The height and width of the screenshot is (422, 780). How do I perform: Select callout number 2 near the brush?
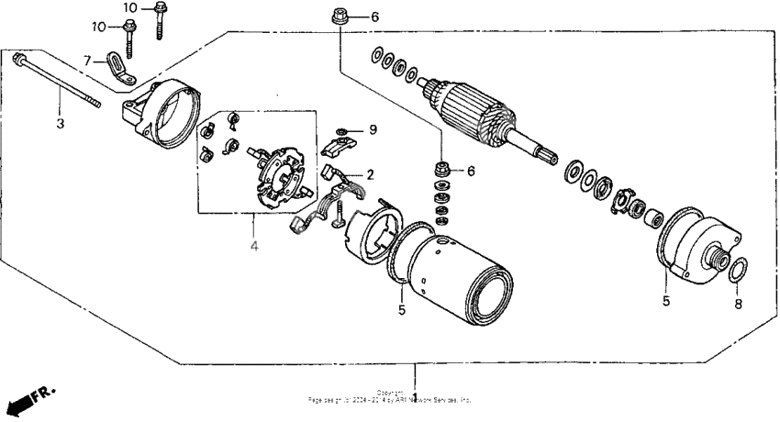tap(370, 174)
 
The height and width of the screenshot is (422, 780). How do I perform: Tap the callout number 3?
tap(60, 123)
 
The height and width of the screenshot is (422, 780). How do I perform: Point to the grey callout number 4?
tap(254, 246)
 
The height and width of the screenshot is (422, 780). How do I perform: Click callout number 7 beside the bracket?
tap(88, 61)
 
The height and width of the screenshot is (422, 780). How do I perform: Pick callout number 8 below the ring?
tap(740, 302)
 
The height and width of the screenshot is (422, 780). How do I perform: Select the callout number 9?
tap(373, 128)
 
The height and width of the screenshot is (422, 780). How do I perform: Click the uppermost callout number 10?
tap(131, 7)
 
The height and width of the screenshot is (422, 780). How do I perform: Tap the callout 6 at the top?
tap(373, 17)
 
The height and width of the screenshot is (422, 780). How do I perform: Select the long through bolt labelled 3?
tap(55, 83)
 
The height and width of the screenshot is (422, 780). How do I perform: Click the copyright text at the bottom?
tap(390, 397)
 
